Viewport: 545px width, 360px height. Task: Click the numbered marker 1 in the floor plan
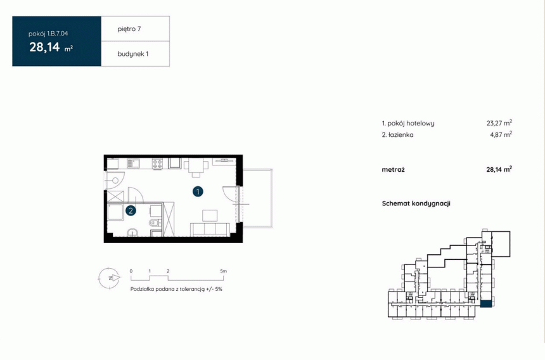click(x=198, y=191)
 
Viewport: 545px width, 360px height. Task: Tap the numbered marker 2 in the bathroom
click(x=131, y=210)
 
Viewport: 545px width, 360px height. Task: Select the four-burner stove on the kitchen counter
click(x=157, y=164)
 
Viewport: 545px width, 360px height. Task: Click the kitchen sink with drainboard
click(x=133, y=164)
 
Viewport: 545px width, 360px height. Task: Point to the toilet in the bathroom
click(x=154, y=222)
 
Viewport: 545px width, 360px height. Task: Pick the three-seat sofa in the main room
click(x=210, y=230)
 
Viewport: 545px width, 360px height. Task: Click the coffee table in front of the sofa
click(x=210, y=215)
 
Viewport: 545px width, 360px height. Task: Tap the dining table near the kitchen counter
click(x=196, y=167)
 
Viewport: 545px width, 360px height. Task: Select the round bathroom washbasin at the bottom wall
click(x=132, y=233)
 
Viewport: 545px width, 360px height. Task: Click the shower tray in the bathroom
click(x=115, y=212)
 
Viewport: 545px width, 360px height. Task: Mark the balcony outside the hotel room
click(x=257, y=198)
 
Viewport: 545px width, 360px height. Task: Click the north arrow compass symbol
click(x=109, y=278)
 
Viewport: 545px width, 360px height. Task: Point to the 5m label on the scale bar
click(x=223, y=271)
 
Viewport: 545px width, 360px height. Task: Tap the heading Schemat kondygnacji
click(x=416, y=203)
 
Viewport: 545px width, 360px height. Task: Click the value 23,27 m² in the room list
click(x=499, y=123)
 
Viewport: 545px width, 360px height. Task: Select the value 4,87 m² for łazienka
click(x=501, y=134)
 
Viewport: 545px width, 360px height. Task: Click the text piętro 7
click(x=129, y=29)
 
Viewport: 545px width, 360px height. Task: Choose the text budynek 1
click(x=133, y=54)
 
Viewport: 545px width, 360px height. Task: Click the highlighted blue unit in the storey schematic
click(x=486, y=304)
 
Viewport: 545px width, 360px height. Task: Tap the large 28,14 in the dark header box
click(x=44, y=47)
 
